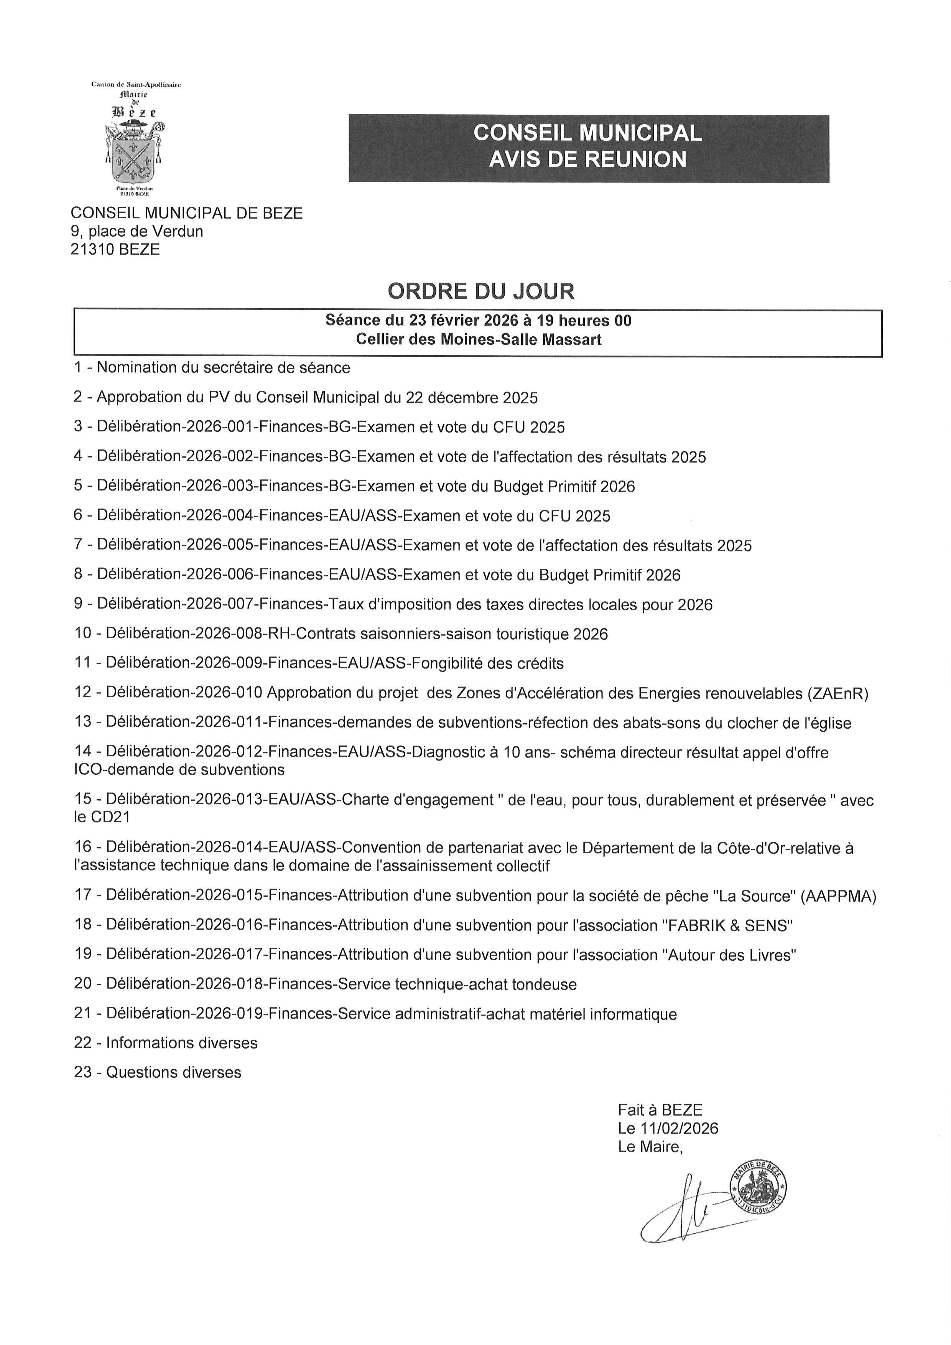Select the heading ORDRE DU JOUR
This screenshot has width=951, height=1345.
(x=481, y=291)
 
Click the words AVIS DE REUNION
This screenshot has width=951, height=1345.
(x=587, y=159)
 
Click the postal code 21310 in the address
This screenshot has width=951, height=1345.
(x=92, y=250)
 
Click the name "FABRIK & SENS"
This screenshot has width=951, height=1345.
(x=727, y=925)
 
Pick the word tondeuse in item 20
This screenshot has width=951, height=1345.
(x=545, y=984)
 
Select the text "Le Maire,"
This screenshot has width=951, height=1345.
(x=650, y=1146)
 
